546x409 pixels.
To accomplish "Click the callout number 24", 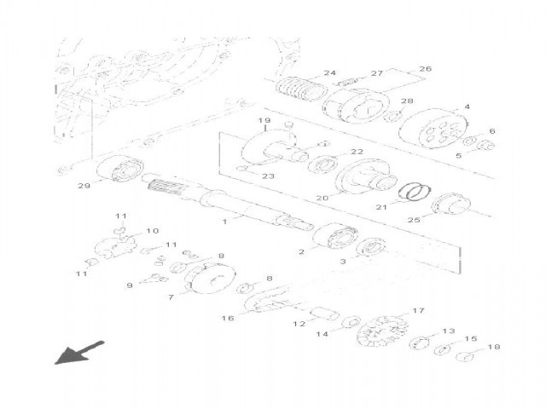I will pyautogui.click(x=329, y=73).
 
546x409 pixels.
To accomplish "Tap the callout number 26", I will pyautogui.click(x=425, y=69).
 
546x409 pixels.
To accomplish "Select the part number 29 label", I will pyautogui.click(x=84, y=186).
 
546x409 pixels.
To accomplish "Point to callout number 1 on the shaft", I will pyautogui.click(x=224, y=221).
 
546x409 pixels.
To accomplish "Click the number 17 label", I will pyautogui.click(x=418, y=311).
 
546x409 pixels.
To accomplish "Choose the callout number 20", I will pyautogui.click(x=322, y=199).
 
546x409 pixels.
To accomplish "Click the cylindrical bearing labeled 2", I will pyautogui.click(x=334, y=236).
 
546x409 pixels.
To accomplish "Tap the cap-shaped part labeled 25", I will pyautogui.click(x=453, y=207).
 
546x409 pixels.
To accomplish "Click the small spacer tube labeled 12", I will pyautogui.click(x=325, y=314).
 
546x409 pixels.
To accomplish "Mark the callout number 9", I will pyautogui.click(x=131, y=285).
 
